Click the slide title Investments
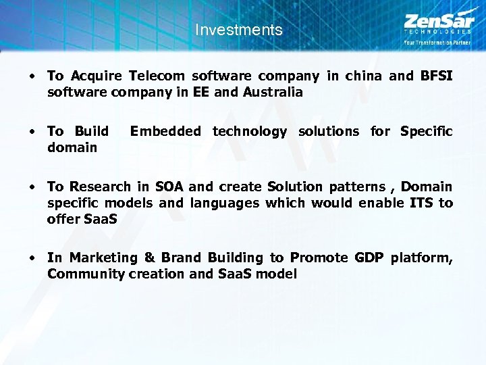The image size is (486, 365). (238, 30)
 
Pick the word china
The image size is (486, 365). (362, 76)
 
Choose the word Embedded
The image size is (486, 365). (165, 131)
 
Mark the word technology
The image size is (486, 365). (249, 131)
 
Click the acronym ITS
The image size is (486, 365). (420, 203)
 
